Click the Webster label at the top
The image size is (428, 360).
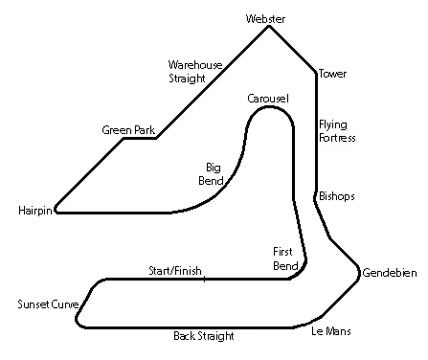(x=266, y=18)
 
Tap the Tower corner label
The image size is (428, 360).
(x=333, y=74)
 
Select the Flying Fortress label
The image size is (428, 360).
(x=337, y=131)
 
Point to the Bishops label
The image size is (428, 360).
(x=337, y=196)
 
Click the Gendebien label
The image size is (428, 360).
(x=390, y=274)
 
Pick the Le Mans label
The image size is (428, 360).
(x=331, y=331)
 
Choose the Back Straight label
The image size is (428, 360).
(x=204, y=336)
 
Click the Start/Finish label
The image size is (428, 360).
(x=175, y=271)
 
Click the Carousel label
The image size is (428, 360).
(x=268, y=100)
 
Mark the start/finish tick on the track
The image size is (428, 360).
(x=204, y=278)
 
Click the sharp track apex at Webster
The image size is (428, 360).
(x=269, y=27)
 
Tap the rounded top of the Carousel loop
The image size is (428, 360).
(x=270, y=109)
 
